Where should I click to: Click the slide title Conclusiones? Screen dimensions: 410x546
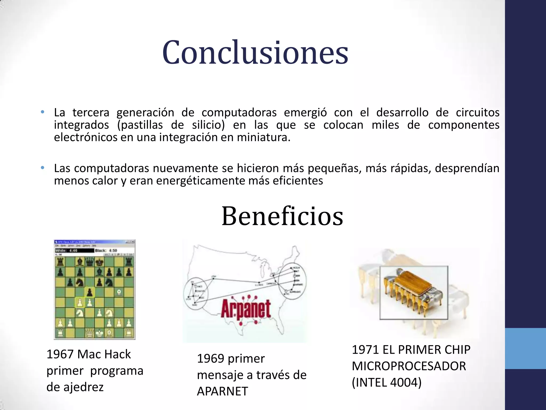[x=255, y=53]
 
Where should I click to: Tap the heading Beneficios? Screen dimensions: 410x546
[x=282, y=216]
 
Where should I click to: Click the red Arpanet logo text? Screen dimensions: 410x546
[x=246, y=310]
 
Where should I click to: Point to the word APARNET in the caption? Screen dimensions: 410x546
[x=222, y=392]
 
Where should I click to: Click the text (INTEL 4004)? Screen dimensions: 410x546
[x=387, y=383]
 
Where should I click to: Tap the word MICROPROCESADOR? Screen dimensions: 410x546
[x=409, y=366]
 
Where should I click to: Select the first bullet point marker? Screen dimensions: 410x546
[x=42, y=112]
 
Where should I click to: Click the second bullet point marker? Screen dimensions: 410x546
[x=42, y=168]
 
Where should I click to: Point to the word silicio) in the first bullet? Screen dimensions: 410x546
[x=208, y=125]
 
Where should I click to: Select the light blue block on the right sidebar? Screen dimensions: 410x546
[x=525, y=348]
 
